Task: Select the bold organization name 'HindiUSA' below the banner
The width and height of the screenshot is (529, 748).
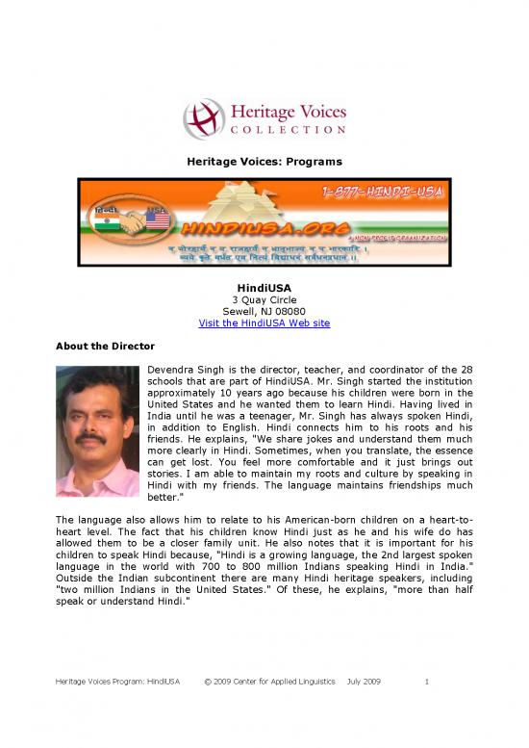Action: point(264,288)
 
